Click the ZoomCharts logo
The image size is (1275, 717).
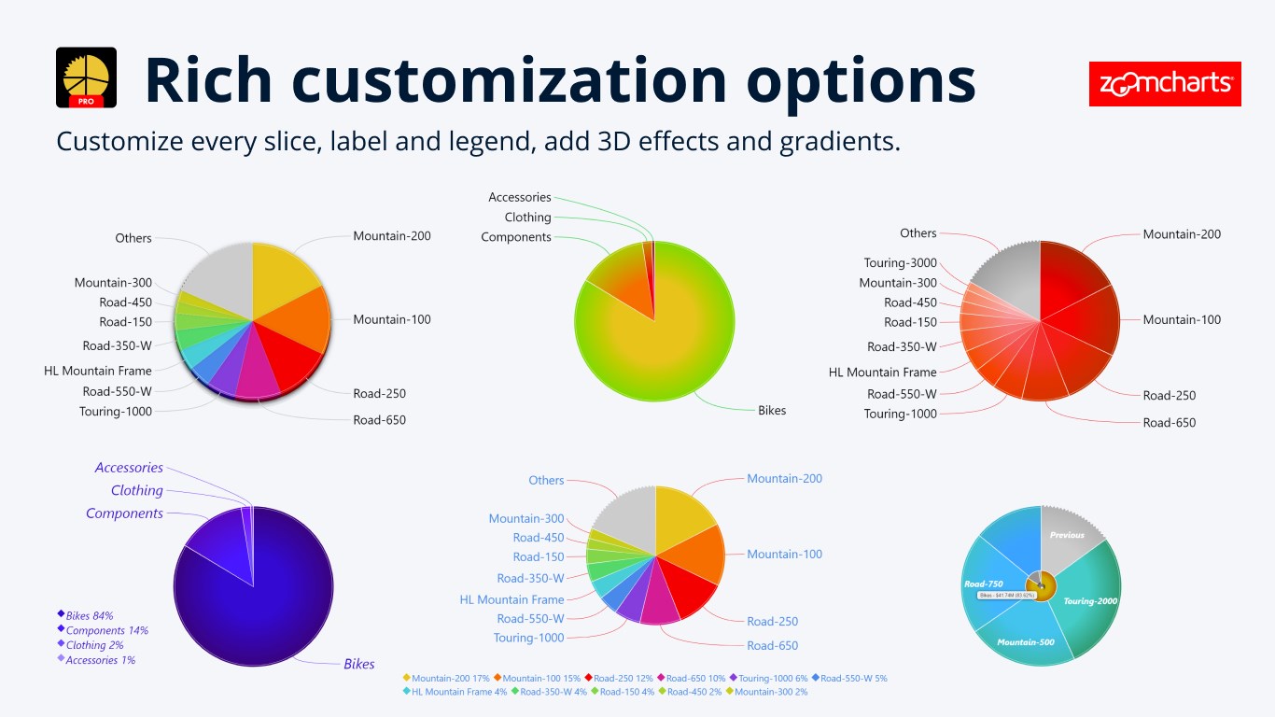coord(1165,84)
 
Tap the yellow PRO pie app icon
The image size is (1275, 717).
coord(87,77)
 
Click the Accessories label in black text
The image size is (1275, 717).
coord(519,197)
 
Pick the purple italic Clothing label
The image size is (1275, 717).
coord(136,490)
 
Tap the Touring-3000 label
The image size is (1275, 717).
coord(900,263)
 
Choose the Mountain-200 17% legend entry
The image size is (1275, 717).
coord(447,678)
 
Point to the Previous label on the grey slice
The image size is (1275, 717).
coord(1067,535)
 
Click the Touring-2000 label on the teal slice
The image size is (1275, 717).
coord(1090,601)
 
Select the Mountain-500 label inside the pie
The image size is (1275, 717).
coord(1026,642)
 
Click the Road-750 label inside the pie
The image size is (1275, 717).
coord(983,583)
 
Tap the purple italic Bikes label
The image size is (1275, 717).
coord(358,664)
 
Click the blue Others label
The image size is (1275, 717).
coord(546,480)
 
